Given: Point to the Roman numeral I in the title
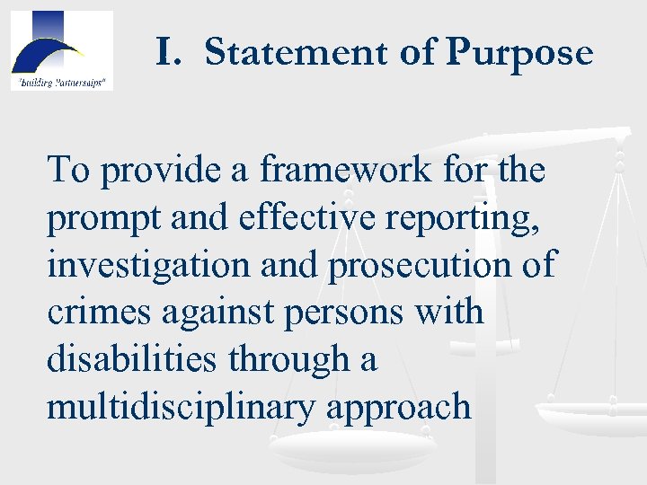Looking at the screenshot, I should (x=166, y=52).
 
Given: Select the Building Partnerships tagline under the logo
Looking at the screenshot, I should (x=61, y=83).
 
